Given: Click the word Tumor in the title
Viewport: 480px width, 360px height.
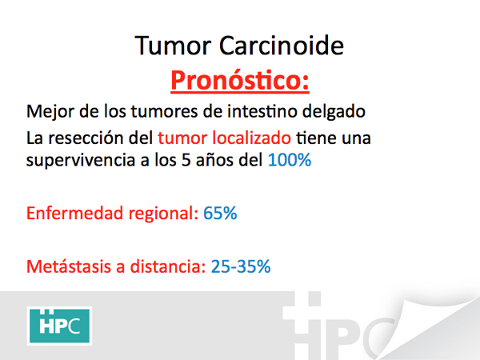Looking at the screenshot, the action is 173,46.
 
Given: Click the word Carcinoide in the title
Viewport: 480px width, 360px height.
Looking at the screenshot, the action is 282,46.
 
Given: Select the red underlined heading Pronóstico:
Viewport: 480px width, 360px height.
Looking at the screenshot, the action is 240,81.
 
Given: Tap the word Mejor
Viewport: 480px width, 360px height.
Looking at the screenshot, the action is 50,111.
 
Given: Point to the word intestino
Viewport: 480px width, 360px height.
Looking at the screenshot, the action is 262,111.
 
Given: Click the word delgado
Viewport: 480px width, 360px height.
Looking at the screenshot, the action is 334,111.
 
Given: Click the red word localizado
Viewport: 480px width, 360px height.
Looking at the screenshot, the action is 252,138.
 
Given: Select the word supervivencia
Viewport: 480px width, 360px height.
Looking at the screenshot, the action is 81,161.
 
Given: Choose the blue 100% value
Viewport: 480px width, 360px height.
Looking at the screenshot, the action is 290,160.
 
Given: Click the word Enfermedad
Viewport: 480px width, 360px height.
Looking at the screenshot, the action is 74,213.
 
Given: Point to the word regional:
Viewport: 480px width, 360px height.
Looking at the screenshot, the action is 163,214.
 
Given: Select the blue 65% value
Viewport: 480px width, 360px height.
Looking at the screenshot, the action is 220,214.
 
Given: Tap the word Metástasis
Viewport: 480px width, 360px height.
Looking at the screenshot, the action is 69,266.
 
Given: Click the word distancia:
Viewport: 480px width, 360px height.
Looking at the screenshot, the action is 168,266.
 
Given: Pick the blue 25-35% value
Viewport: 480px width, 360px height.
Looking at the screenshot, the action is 241,266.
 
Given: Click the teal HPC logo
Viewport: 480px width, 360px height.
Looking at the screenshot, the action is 59,326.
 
